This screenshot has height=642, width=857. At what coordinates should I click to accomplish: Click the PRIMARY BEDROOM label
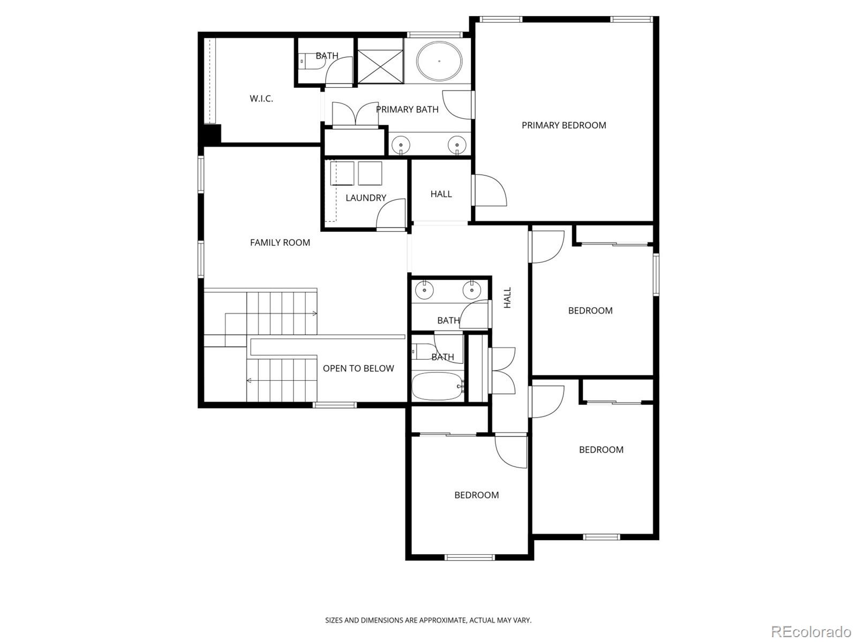(x=563, y=125)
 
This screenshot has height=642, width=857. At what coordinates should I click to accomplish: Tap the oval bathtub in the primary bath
(x=439, y=62)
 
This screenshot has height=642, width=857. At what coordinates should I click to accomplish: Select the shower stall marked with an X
(x=380, y=66)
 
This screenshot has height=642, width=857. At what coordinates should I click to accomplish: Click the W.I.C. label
(x=261, y=99)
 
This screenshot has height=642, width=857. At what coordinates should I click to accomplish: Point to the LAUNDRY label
(x=365, y=198)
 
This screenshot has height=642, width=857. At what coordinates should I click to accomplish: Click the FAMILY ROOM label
(x=280, y=243)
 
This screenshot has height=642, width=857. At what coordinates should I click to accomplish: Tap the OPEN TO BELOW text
(x=358, y=368)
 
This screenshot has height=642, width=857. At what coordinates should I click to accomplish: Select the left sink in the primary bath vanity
(x=400, y=144)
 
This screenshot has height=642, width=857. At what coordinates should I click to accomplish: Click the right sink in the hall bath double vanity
(x=472, y=291)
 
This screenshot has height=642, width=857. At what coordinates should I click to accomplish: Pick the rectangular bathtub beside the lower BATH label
(x=437, y=386)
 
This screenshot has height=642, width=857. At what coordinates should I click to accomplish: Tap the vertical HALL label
(x=507, y=298)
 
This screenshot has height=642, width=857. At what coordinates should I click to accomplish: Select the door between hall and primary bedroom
(x=488, y=190)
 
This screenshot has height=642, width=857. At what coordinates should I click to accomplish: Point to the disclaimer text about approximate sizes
(x=428, y=620)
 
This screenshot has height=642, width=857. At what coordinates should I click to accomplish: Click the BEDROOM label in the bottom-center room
(x=476, y=495)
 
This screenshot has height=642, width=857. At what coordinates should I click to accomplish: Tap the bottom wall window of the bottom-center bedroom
(x=470, y=557)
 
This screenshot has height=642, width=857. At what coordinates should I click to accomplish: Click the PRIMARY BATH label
(x=407, y=109)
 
